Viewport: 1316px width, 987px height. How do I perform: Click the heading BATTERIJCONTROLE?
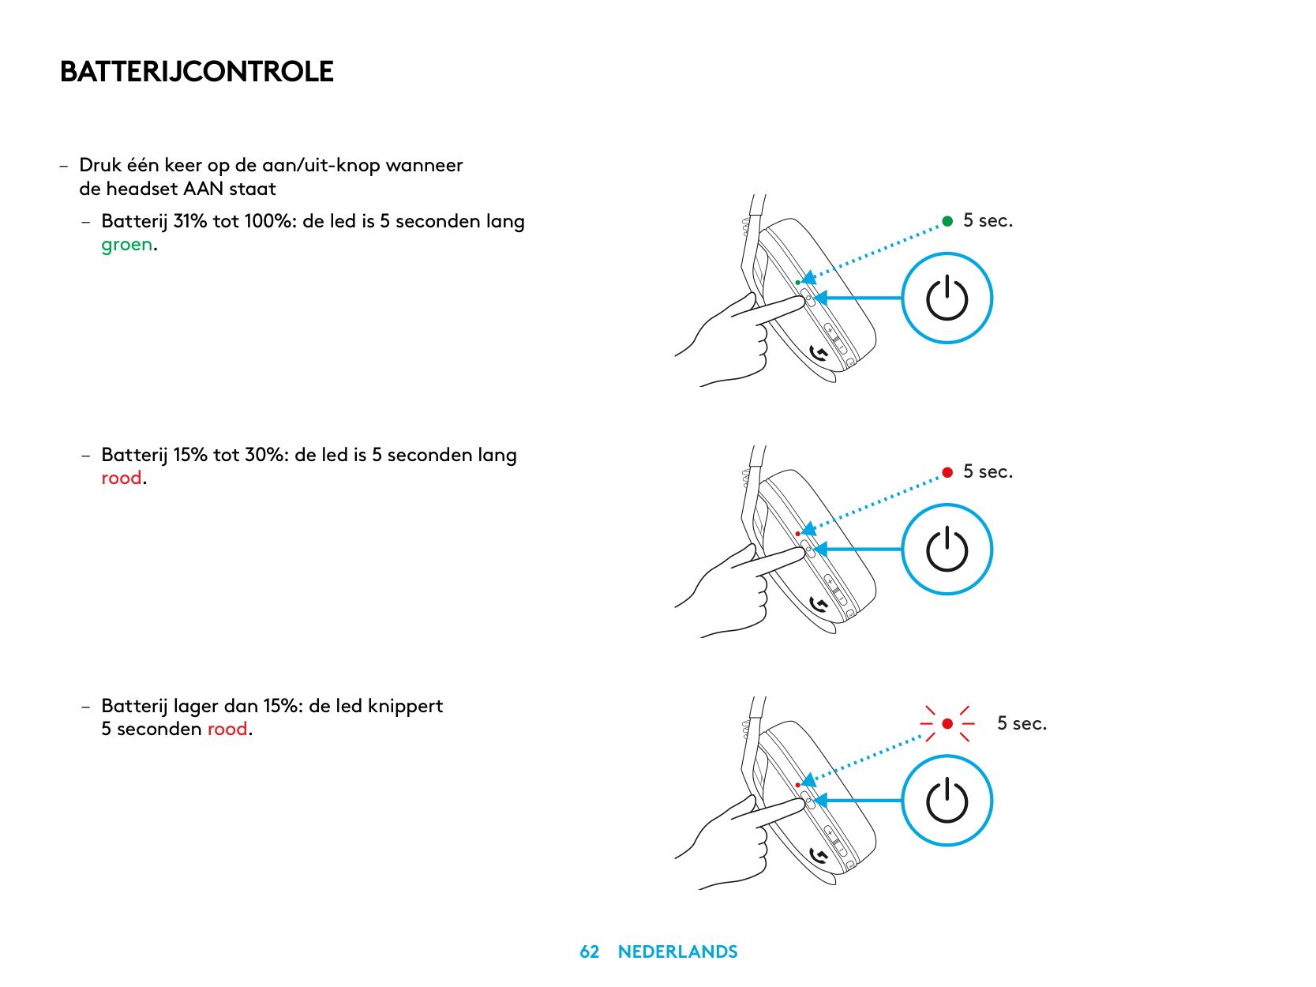tap(197, 72)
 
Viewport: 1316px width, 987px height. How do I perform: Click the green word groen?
tap(126, 245)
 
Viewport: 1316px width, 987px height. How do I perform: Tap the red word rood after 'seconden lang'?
tap(121, 478)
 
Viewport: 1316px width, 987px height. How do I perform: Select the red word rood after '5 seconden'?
tap(227, 730)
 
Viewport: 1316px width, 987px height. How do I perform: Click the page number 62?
tap(589, 952)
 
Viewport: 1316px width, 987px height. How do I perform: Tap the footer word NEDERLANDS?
tap(677, 952)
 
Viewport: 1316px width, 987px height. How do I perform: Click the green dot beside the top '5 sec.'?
tap(947, 221)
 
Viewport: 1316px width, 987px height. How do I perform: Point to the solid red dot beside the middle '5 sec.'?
tap(947, 472)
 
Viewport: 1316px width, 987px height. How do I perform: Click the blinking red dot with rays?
tap(947, 723)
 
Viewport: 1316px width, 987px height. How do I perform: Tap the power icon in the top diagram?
tap(947, 298)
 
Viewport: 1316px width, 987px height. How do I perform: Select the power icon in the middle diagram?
tap(947, 550)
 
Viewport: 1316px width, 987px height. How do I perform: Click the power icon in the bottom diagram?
tap(947, 801)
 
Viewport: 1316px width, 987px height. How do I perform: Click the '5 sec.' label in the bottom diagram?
tap(1022, 723)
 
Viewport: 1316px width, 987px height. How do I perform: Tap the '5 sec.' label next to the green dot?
tap(988, 221)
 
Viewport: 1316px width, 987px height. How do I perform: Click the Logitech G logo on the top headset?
tap(819, 353)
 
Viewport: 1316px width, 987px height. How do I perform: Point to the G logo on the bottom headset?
tap(819, 856)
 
